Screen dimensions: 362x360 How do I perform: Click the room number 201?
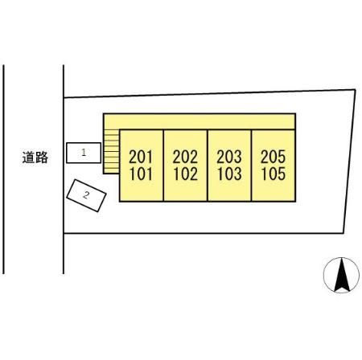(x=141, y=157)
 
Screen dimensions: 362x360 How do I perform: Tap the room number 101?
(x=141, y=174)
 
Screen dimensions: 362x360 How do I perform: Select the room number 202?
(x=185, y=157)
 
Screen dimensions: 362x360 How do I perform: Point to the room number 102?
(x=185, y=174)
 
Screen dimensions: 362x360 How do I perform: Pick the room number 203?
(x=229, y=157)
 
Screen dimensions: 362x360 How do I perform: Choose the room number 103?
(x=229, y=174)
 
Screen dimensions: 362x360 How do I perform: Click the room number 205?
(x=273, y=157)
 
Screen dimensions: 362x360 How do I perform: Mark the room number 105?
(x=274, y=174)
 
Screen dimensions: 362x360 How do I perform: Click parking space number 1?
(x=84, y=153)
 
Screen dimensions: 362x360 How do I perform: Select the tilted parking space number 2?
(x=86, y=195)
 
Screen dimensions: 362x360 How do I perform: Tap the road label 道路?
(x=35, y=157)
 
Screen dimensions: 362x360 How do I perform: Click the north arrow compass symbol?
(x=341, y=275)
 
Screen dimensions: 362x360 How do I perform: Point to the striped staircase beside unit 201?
(x=111, y=151)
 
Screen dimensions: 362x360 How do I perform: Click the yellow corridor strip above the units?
(x=200, y=121)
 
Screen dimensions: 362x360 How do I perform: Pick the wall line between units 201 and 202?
(x=163, y=166)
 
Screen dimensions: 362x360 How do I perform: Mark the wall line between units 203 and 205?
(x=251, y=166)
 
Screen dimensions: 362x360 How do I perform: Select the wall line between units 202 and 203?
(x=208, y=166)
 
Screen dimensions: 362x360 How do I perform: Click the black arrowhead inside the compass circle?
(x=342, y=275)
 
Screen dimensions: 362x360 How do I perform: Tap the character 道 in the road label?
(x=28, y=157)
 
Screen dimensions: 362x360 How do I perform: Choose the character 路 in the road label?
(x=42, y=157)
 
